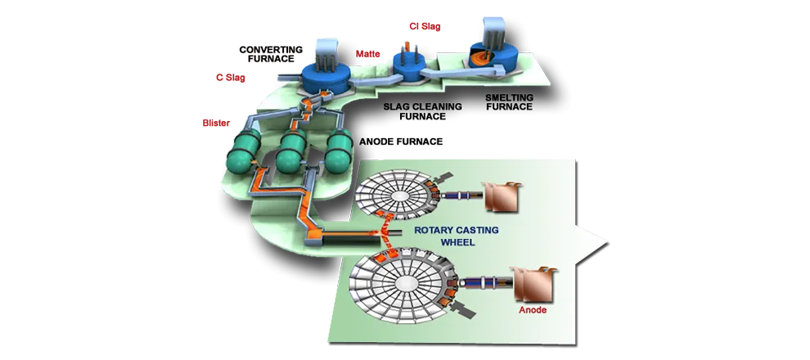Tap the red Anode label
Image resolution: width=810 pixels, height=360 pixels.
pyautogui.click(x=533, y=310)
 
